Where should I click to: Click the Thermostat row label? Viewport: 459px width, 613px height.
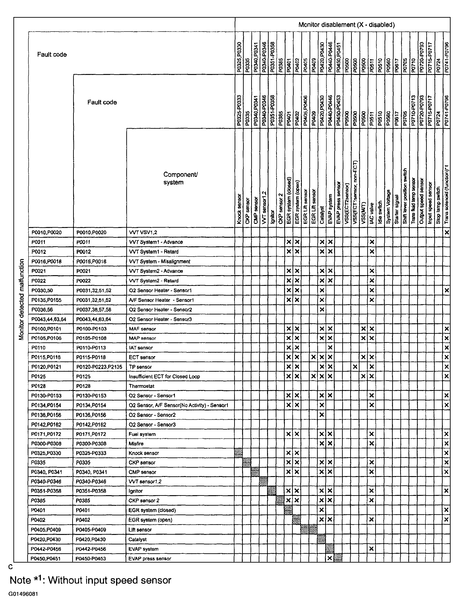[x=141, y=386]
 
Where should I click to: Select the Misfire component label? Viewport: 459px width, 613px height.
[x=136, y=444]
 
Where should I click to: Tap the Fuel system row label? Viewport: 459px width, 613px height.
[x=142, y=434]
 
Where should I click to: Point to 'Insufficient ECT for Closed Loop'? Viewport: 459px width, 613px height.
[x=164, y=377]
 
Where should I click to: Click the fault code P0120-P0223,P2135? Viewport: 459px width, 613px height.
[x=99, y=367]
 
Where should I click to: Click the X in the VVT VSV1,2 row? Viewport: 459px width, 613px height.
[x=447, y=232]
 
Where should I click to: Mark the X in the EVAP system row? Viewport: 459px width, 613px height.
[x=372, y=549]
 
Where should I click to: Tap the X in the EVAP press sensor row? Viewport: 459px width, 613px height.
[x=330, y=559]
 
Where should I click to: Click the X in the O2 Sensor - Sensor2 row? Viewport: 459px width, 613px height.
[x=322, y=415]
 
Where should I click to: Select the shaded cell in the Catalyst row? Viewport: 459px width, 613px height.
[x=321, y=539]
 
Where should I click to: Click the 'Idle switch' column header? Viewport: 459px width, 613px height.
[x=380, y=212]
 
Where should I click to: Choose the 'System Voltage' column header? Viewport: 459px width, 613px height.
[x=388, y=206]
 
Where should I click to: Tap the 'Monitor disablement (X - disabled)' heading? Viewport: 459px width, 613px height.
[x=347, y=25]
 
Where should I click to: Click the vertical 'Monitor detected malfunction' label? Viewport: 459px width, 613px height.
[x=22, y=299]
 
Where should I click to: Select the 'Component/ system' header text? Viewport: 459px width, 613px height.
[x=180, y=178]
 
